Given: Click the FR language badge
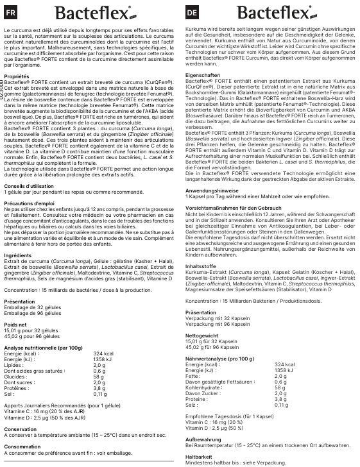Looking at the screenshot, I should pyautogui.click(x=12, y=12).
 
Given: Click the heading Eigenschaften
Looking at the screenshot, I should pyautogui.click(x=202, y=75).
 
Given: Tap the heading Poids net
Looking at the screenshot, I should pyautogui.click(x=15, y=325).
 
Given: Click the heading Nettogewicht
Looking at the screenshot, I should pyautogui.click(x=201, y=335).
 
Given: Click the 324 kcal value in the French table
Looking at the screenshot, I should pyautogui.click(x=103, y=353).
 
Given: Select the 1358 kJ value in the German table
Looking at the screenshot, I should pyautogui.click(x=284, y=370).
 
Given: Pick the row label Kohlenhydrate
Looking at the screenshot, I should pyautogui.click(x=203, y=387).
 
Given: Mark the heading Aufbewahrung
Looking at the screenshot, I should pyautogui.click(x=203, y=440).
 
